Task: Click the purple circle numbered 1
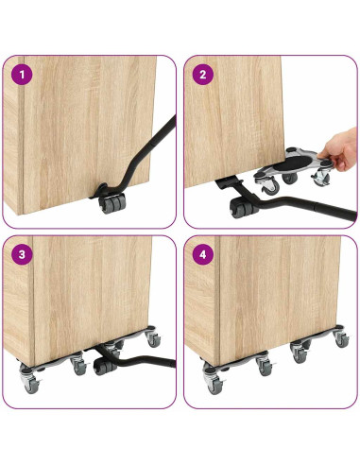pyautogui.click(x=22, y=75)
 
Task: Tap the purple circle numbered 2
pyautogui.click(x=203, y=75)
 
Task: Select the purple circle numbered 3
pyautogui.click(x=22, y=254)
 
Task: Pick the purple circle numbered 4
pyautogui.click(x=203, y=254)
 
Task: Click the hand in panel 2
pyautogui.click(x=341, y=150)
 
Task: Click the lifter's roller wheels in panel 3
pyautogui.click(x=105, y=368)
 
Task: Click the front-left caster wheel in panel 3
pyautogui.click(x=30, y=382)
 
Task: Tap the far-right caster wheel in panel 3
pyautogui.click(x=153, y=339)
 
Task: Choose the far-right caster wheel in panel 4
pyautogui.click(x=341, y=338)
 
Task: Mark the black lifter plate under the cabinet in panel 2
pyautogui.click(x=229, y=183)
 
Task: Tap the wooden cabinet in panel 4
pyautogui.click(x=263, y=300)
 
